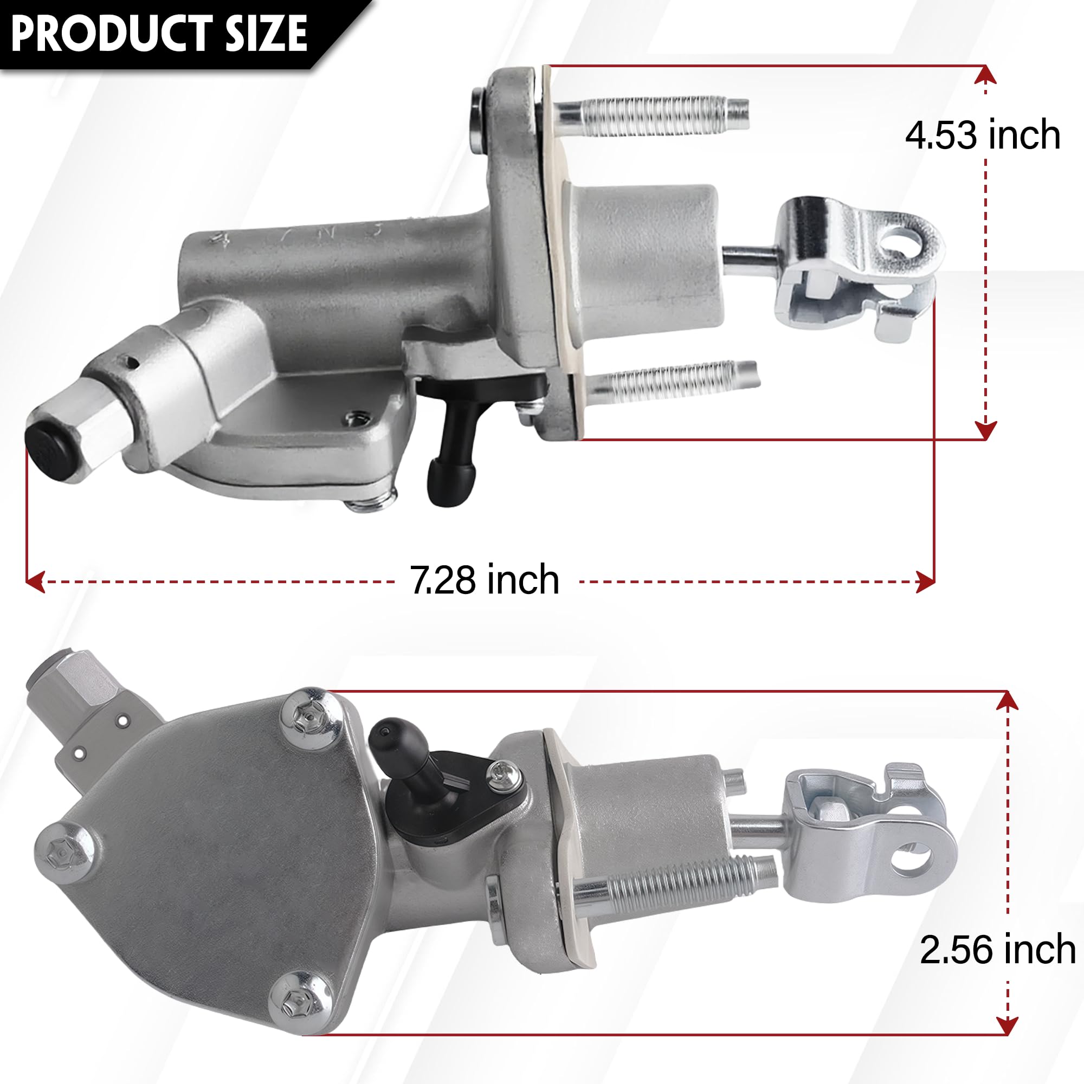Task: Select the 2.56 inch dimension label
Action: click(997, 950)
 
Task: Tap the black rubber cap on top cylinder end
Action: click(52, 450)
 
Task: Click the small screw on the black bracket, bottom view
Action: click(498, 774)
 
